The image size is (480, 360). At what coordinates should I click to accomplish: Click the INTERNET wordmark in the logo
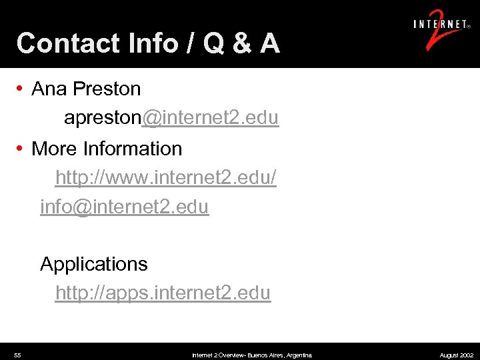click(440, 25)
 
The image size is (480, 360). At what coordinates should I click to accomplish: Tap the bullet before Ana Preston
click(21, 89)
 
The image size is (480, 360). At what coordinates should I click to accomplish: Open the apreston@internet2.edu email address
click(171, 119)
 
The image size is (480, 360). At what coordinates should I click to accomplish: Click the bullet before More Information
click(21, 149)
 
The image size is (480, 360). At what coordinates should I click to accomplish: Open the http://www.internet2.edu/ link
click(165, 178)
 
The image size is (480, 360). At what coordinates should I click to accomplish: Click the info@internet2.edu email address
click(124, 207)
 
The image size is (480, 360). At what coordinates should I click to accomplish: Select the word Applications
click(94, 265)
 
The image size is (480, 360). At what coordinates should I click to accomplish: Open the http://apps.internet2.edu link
click(163, 293)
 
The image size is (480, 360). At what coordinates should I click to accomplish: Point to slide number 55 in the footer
click(17, 355)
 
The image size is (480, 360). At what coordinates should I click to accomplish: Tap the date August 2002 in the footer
click(457, 355)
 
